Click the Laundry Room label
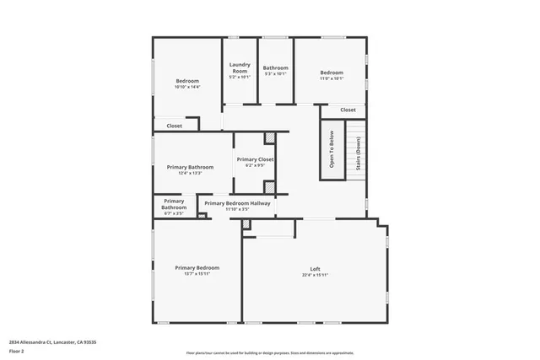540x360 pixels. click(x=240, y=68)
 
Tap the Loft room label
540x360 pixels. click(x=315, y=269)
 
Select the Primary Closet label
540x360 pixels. click(x=255, y=159)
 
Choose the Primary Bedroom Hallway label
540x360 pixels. click(x=237, y=203)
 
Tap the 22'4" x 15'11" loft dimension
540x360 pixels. click(x=315, y=276)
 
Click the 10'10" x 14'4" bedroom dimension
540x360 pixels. click(x=187, y=87)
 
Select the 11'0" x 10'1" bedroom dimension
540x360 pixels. click(x=331, y=79)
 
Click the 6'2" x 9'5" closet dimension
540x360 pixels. click(x=255, y=166)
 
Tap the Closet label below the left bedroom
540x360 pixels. click(x=174, y=126)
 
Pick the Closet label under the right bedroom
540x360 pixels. click(x=348, y=110)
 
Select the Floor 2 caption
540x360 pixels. click(x=18, y=350)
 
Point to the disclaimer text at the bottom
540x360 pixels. click(x=270, y=353)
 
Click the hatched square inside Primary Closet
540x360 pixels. click(x=270, y=137)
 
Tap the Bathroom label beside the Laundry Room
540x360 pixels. click(x=275, y=68)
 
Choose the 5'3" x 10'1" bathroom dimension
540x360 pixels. click(x=275, y=74)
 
